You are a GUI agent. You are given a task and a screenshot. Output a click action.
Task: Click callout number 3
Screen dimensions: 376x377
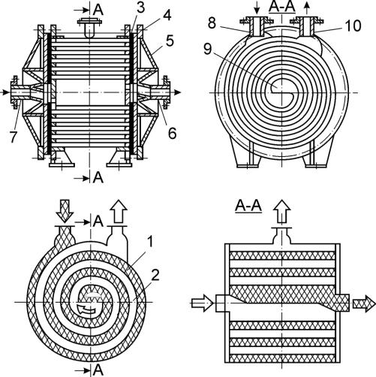point(140,8)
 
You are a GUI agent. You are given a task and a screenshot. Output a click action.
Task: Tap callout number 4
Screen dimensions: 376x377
point(167,15)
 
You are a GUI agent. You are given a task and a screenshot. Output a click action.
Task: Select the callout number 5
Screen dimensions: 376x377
point(170,41)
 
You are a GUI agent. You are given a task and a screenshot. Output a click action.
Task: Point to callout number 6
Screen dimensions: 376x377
point(173,133)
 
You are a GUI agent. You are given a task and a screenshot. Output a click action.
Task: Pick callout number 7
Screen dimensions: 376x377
point(14,137)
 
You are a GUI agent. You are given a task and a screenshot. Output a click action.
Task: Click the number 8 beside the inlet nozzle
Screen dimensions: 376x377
point(212,23)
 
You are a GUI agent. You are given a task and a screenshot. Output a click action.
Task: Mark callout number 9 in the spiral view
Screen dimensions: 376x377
point(208,49)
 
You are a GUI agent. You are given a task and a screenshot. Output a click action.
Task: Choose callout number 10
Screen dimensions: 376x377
point(353,26)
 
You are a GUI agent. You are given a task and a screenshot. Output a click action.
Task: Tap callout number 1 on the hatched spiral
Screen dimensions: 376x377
point(150,242)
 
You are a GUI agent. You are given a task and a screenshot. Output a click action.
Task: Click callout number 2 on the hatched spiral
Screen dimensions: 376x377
point(155,275)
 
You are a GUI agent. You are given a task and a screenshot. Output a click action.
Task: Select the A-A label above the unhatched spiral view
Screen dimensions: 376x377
point(282,8)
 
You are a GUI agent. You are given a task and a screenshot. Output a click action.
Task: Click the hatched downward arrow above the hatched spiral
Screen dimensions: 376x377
point(65,211)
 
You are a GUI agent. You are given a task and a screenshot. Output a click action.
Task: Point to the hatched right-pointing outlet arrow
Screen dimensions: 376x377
point(364,303)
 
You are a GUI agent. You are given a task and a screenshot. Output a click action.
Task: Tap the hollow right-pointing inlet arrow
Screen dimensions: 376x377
point(203,303)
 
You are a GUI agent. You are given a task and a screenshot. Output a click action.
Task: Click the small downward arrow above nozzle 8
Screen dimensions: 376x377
point(257,8)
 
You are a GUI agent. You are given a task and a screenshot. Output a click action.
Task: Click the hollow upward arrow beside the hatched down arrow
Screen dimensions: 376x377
point(119,211)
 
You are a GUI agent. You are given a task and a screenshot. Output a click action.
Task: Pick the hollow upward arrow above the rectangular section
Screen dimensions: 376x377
point(282,212)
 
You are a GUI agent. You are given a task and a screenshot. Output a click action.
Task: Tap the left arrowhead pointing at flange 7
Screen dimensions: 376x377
point(5,92)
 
